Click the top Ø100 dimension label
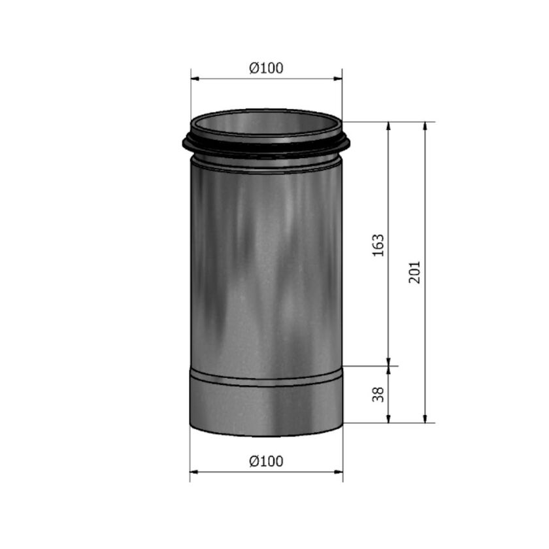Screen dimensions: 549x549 pos(267,67)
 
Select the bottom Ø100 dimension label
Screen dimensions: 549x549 pos(267,461)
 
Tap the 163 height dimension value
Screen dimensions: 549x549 pos(378,244)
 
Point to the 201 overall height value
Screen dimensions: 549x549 pos(415,272)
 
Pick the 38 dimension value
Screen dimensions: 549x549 pos(378,394)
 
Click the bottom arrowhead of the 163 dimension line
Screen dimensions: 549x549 pos(389,362)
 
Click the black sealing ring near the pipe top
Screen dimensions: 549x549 pos(266,146)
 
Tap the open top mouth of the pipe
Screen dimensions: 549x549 pos(266,123)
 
